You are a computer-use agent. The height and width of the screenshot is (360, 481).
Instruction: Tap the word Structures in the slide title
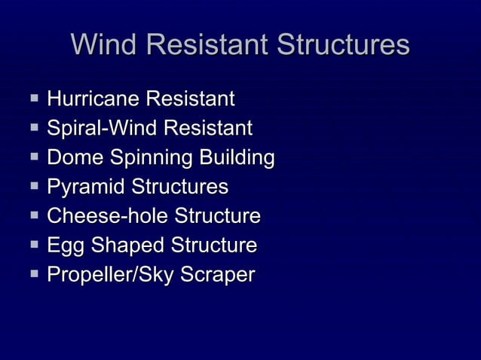click(x=343, y=44)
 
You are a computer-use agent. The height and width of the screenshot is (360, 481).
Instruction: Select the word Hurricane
click(x=93, y=99)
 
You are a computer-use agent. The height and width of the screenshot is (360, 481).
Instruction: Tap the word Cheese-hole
click(x=108, y=216)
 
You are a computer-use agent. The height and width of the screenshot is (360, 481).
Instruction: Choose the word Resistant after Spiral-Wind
click(x=204, y=128)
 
